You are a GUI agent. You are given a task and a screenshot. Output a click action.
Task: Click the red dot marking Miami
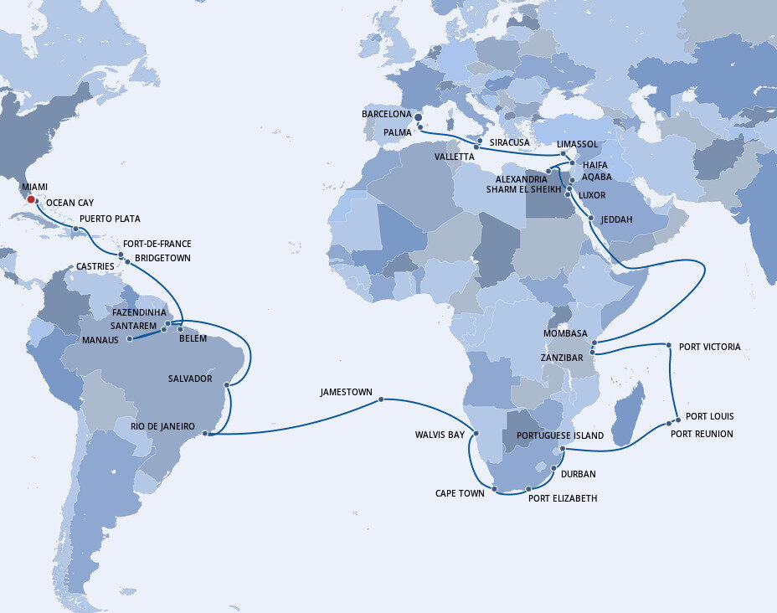[30, 198]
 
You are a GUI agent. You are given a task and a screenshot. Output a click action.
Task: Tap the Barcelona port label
[386, 113]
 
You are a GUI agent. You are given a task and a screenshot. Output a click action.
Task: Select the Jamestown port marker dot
[381, 399]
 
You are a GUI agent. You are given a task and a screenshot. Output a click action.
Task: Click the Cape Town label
[460, 493]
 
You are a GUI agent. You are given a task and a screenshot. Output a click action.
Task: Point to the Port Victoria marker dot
[668, 345]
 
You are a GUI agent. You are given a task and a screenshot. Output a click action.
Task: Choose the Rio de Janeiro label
[162, 427]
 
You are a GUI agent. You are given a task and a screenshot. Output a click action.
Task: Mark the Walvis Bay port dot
[476, 434]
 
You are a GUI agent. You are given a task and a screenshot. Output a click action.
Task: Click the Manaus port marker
[130, 339]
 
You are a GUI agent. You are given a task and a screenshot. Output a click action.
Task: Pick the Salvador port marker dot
[229, 385]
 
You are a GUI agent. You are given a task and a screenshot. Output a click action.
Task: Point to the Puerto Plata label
[110, 219]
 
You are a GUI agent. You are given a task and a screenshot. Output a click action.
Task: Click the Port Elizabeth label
[563, 498]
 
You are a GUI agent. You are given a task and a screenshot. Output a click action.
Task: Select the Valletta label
[454, 157]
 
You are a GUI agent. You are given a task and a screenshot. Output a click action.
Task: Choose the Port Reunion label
[702, 434]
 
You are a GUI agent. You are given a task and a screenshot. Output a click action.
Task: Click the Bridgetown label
[162, 258]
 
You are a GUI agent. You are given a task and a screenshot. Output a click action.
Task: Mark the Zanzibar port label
[561, 358]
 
